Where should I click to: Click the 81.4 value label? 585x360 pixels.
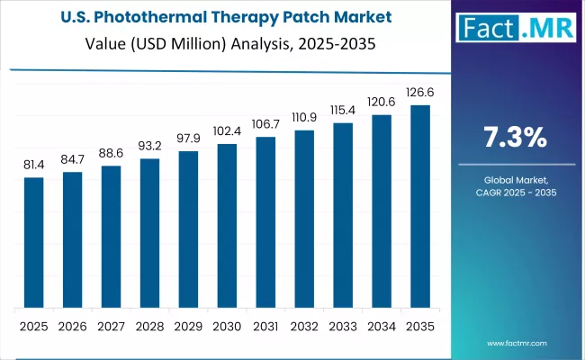click(33, 165)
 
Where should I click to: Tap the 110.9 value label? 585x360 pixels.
click(304, 117)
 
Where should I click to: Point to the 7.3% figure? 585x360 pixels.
click(515, 138)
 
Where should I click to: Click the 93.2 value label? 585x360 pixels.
click(149, 145)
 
